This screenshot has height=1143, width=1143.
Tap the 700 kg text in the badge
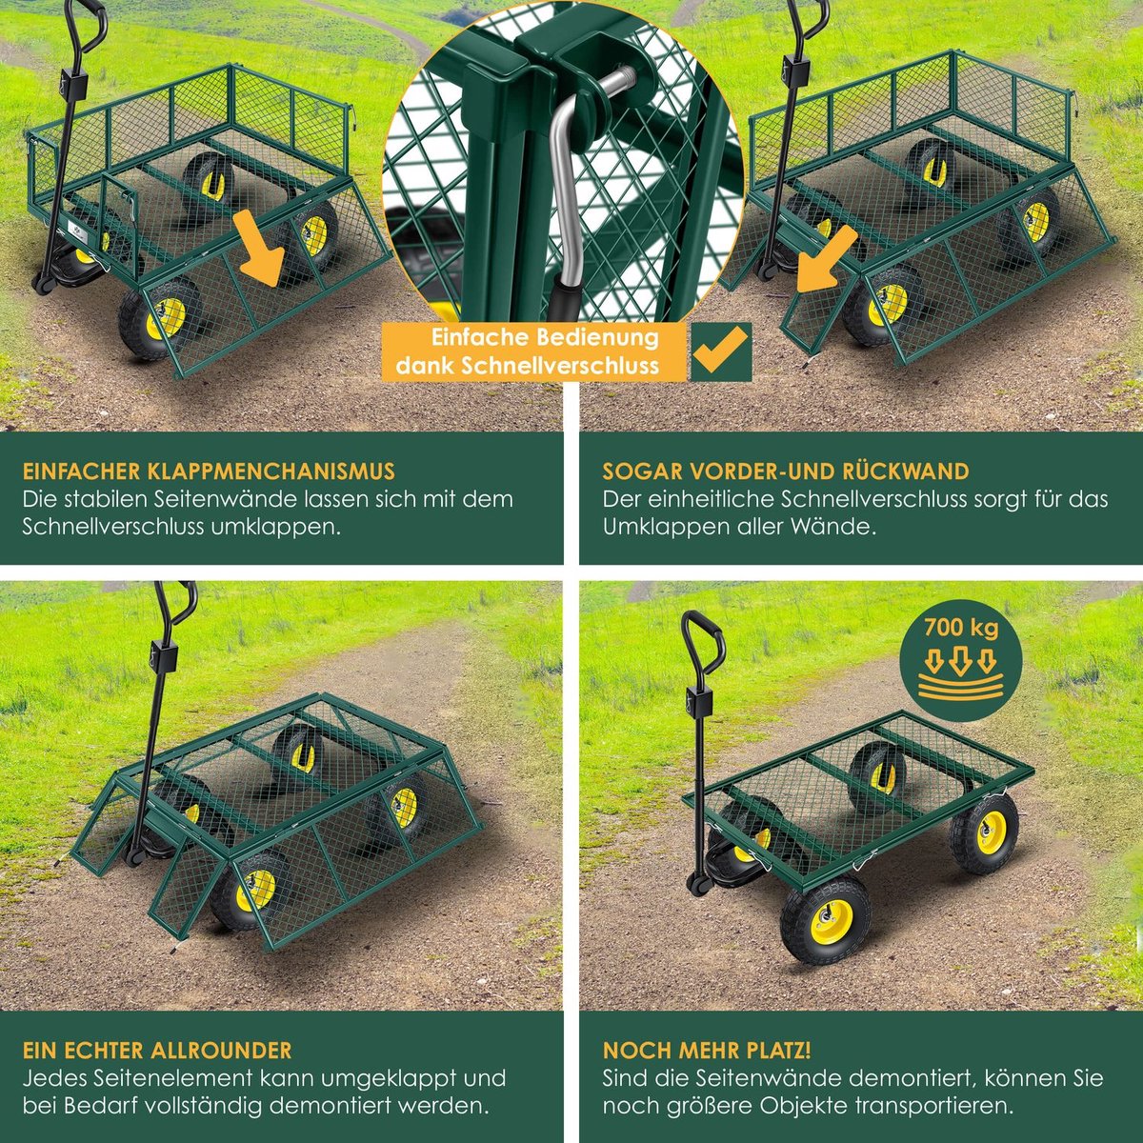[x=961, y=628]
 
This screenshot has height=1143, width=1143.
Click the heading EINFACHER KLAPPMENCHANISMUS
[x=209, y=471]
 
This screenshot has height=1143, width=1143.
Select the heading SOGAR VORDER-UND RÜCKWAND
[x=786, y=471]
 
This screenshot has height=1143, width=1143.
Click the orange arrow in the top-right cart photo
[x=827, y=259]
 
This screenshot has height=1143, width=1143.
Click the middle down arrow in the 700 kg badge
[x=961, y=661]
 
